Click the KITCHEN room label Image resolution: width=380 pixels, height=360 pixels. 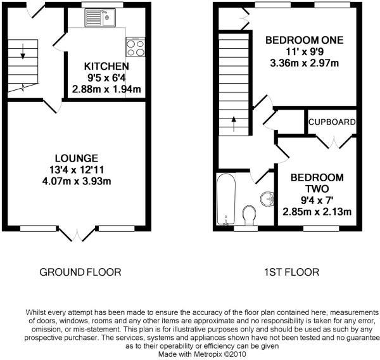click(x=107, y=66)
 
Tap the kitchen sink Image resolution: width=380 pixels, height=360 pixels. click(x=101, y=16)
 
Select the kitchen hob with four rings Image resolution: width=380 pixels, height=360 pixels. click(x=135, y=47)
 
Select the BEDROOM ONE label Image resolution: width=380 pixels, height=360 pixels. click(x=304, y=40)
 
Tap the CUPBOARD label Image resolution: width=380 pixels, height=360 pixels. click(x=331, y=122)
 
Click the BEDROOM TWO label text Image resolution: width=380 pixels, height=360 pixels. click(x=317, y=183)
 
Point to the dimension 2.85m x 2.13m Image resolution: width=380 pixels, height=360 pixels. click(x=317, y=211)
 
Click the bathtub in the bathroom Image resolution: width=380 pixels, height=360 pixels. click(x=226, y=198)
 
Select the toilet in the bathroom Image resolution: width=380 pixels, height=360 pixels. click(x=250, y=214)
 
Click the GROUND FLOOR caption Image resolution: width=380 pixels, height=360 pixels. click(x=80, y=273)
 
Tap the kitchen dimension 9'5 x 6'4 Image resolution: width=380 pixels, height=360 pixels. click(x=107, y=77)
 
